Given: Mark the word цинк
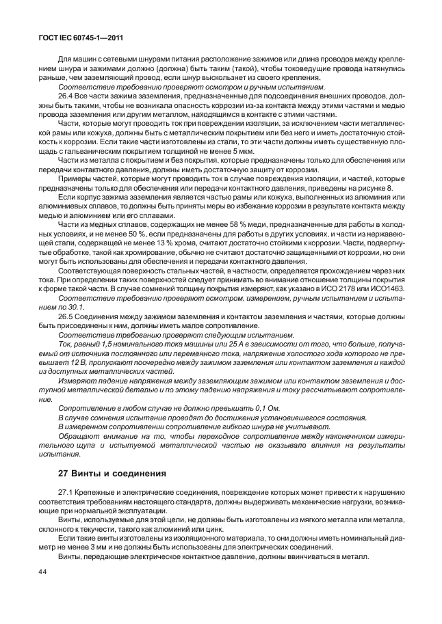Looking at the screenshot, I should tap(211, 528).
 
